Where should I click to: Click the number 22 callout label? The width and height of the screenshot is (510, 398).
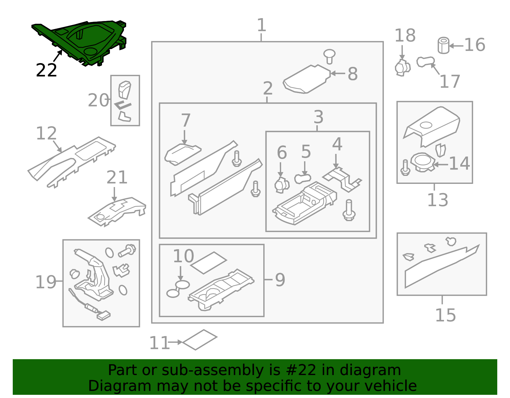46,70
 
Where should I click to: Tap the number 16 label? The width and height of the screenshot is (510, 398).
475,45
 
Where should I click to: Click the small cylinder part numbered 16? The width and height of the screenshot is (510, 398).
443,45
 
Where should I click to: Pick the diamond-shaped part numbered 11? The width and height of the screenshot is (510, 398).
200,340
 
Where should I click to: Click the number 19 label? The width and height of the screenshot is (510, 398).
46,282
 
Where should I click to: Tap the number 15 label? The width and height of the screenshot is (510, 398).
446,315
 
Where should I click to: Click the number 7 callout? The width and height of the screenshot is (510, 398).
186,120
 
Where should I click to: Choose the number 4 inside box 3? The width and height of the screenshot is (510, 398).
337,144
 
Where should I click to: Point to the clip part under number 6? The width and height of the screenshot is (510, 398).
282,185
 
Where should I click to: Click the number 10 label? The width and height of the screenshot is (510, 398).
183,256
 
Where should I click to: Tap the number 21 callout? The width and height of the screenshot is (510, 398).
117,177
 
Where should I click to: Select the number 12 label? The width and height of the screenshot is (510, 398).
46,133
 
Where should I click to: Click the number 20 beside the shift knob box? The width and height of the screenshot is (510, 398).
98,100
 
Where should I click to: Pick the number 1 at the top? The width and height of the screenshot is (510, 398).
261,25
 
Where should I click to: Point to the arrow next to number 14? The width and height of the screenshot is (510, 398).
440,164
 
